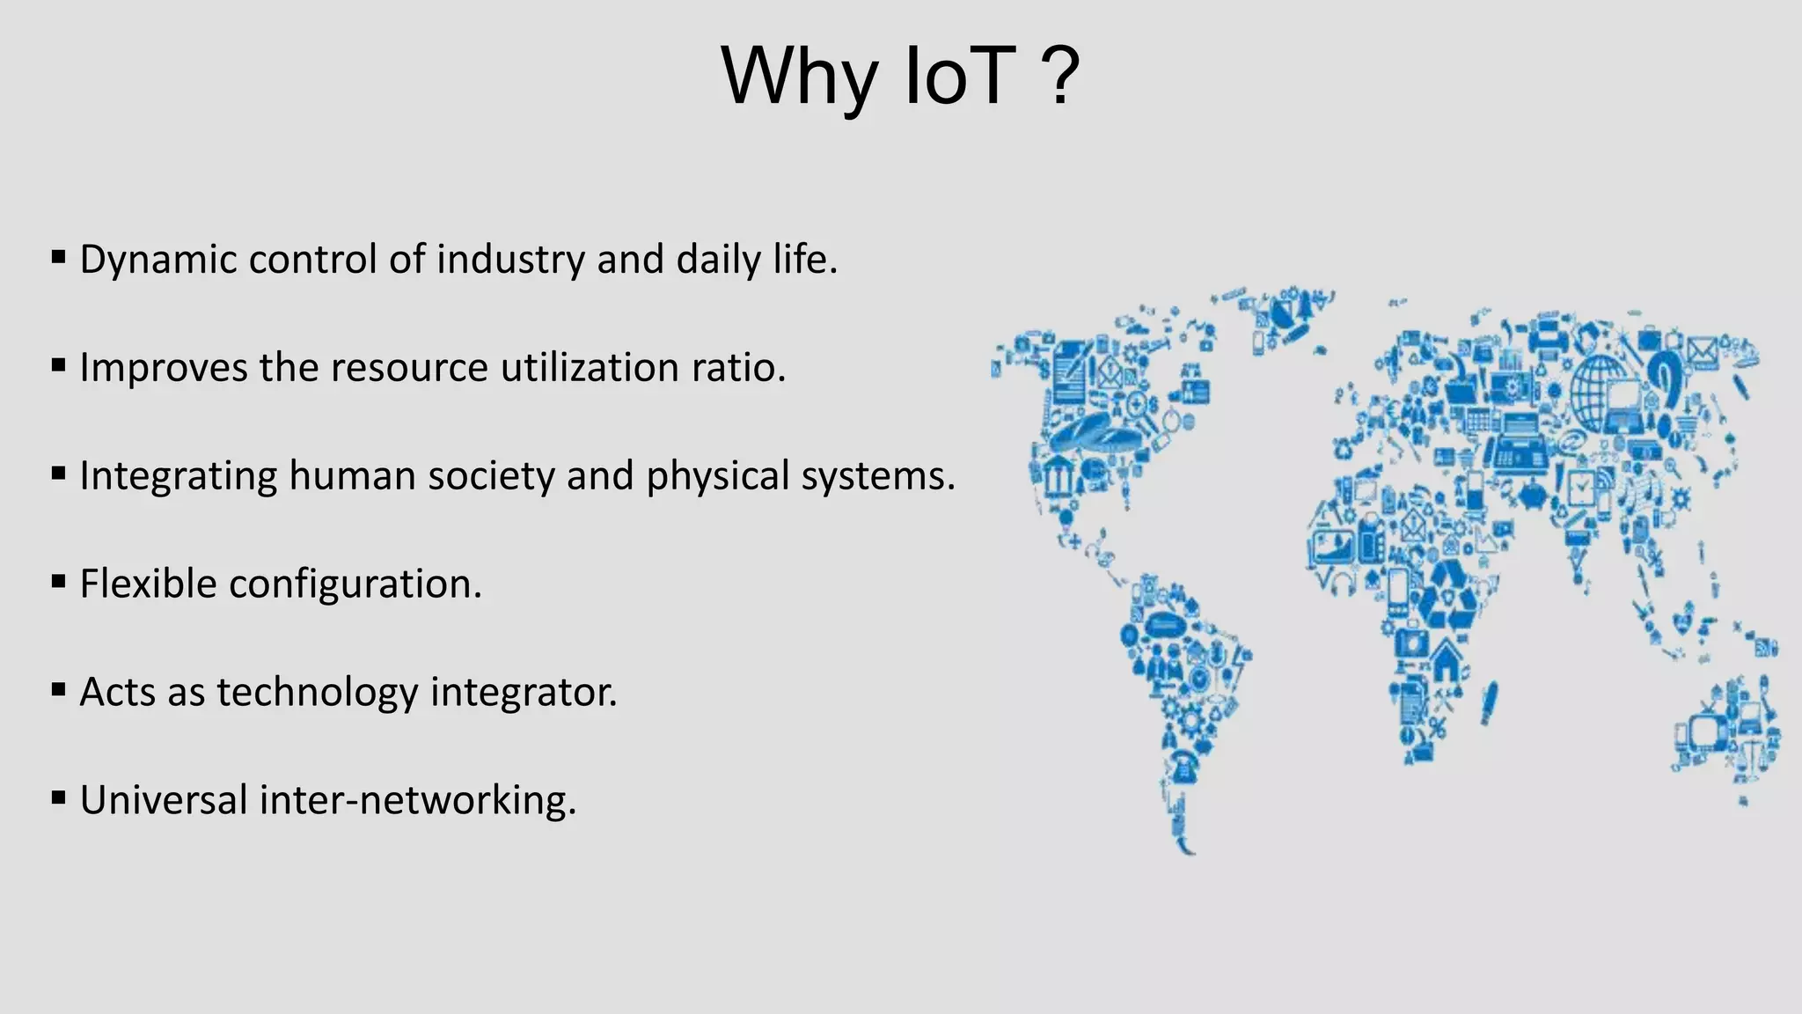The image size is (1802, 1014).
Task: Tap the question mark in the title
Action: [x=1064, y=77]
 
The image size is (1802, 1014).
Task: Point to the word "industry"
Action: [x=510, y=260]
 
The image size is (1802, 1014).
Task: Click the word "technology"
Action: [x=318, y=693]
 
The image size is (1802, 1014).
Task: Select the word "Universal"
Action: [x=164, y=801]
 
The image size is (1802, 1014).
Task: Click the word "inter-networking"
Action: [x=417, y=801]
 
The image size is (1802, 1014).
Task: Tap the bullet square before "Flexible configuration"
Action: [x=59, y=582]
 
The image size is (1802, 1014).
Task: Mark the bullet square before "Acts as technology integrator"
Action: [x=59, y=690]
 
